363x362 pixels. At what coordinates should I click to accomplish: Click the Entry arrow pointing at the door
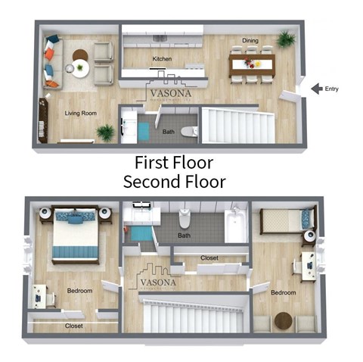316,89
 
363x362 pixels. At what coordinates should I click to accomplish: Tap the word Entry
332,89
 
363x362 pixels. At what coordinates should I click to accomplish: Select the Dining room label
250,40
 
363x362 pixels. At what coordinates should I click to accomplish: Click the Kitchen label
162,58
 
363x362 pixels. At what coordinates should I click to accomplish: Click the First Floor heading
174,162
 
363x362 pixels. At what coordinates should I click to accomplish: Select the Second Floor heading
174,182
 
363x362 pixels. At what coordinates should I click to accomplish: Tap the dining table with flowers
251,59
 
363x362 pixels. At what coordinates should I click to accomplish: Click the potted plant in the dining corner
287,39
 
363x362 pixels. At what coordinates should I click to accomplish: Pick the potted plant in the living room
106,133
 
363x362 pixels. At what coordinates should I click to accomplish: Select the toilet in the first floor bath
192,131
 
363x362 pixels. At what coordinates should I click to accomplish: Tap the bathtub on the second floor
235,226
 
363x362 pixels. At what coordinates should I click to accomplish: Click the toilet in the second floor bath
184,219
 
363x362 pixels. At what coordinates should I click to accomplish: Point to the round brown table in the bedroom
284,320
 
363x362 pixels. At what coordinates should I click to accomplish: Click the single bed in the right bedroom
283,220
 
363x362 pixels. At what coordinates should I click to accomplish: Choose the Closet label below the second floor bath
209,258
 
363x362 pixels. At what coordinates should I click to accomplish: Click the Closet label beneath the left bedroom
73,326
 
